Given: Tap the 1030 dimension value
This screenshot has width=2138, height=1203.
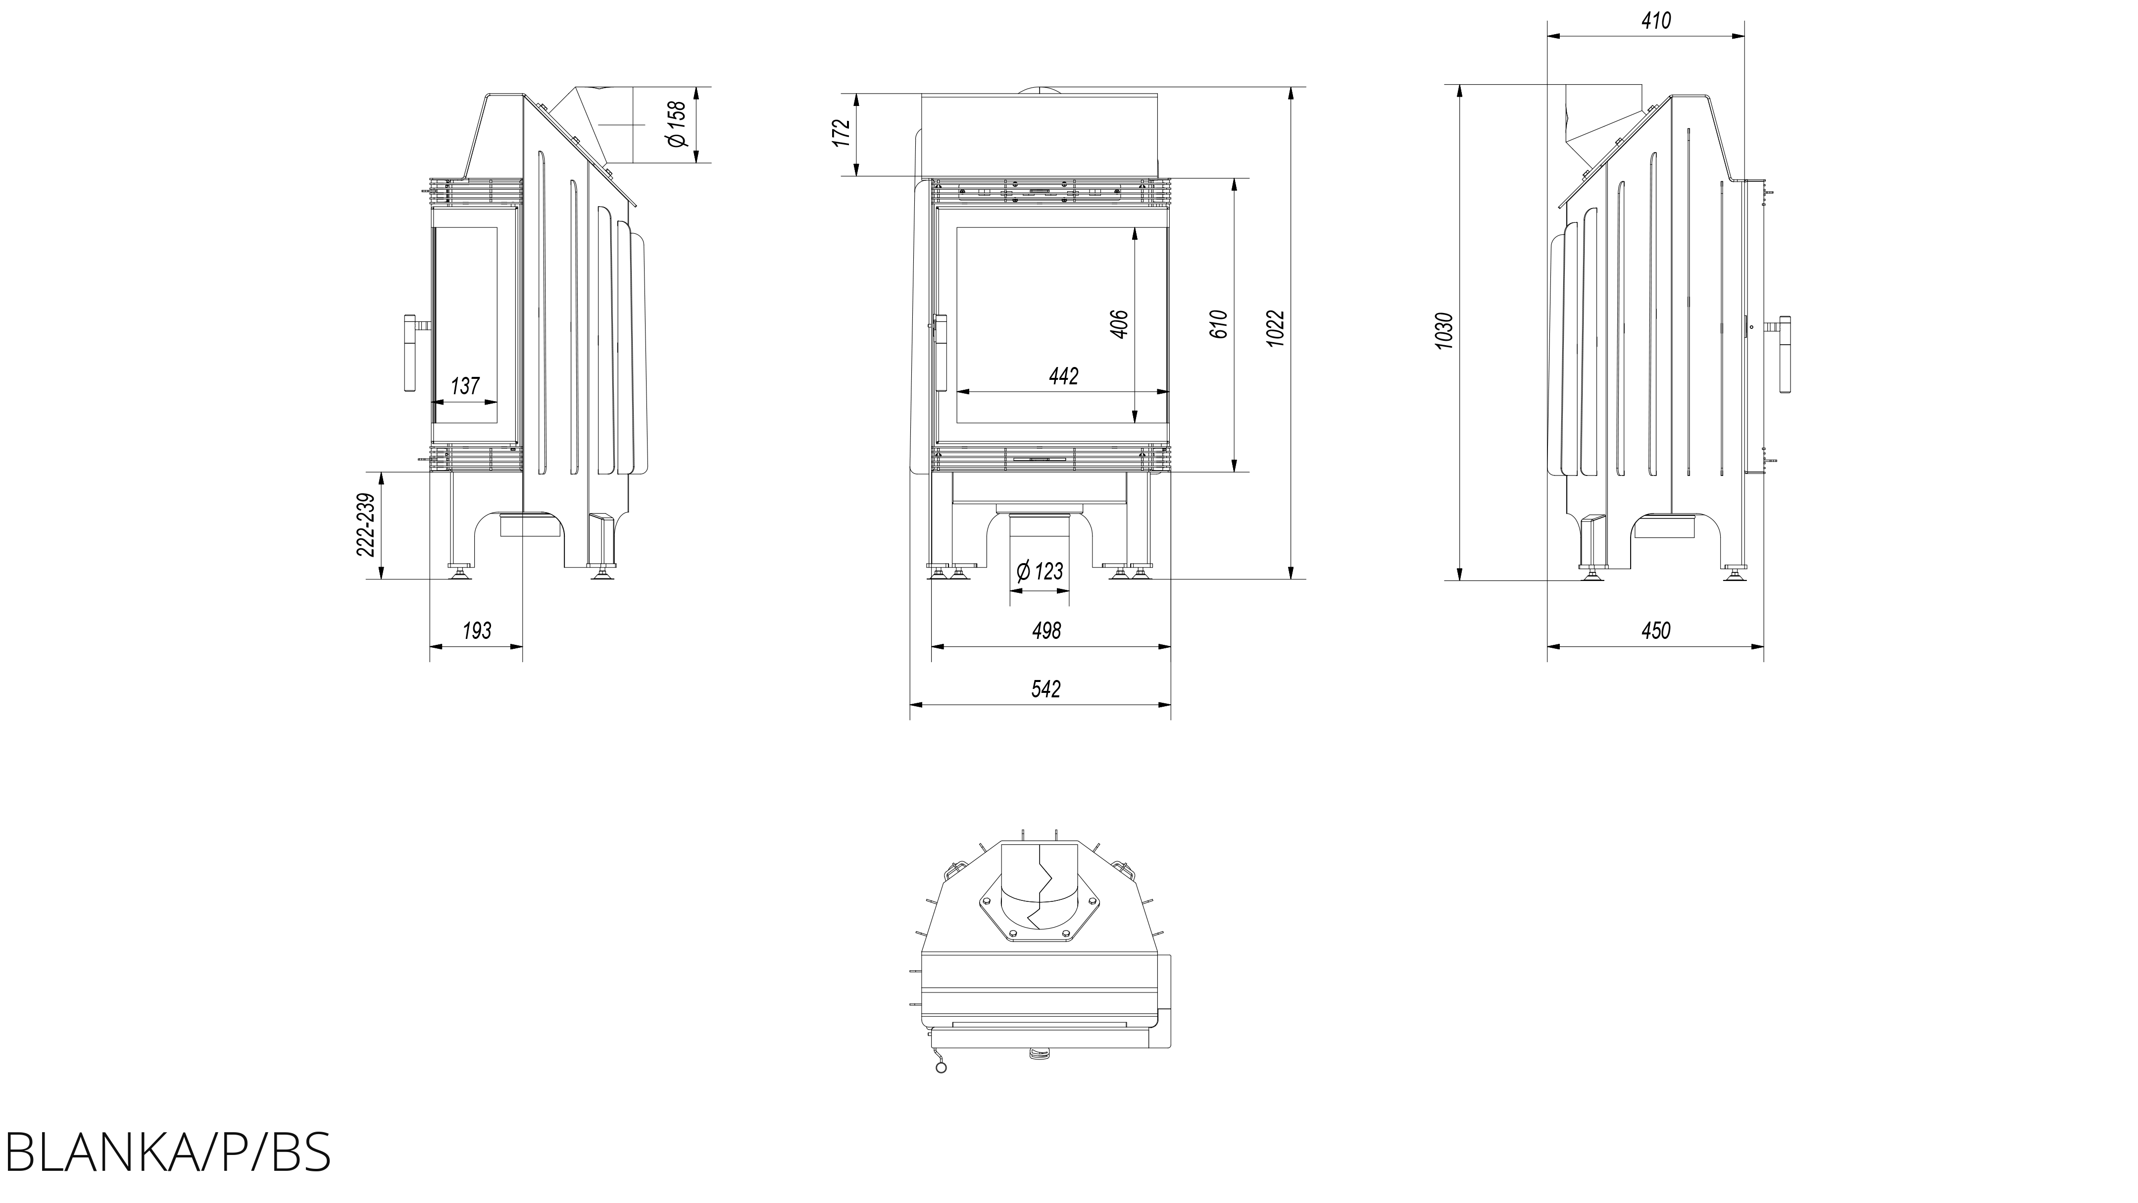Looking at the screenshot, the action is tap(1445, 330).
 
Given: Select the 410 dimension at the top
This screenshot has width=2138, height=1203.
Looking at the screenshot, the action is tap(1656, 21).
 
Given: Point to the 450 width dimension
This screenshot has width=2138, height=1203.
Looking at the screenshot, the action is tap(1656, 631).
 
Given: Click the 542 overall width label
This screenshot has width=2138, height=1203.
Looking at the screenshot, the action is tap(1046, 689).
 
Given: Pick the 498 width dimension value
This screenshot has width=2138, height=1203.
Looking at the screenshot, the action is tap(1046, 631).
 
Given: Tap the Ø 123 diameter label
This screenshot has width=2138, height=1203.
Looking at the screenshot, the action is tap(1039, 571).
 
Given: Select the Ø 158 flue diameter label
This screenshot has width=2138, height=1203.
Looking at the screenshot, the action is tap(677, 124).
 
